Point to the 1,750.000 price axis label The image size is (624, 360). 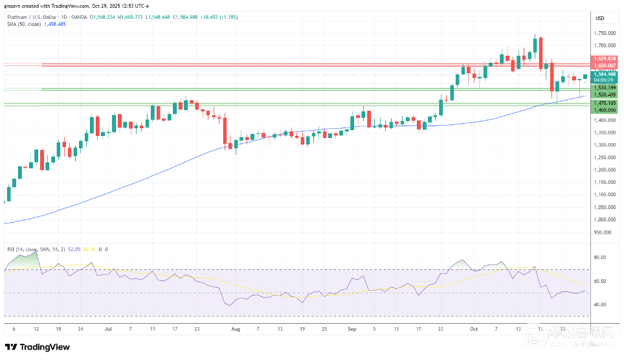pos(605,33)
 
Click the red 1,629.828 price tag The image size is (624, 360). pos(605,59)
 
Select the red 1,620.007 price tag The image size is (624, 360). pos(605,65)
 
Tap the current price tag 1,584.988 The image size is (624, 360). pos(605,74)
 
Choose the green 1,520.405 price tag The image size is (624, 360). pos(605,95)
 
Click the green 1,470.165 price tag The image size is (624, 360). pos(605,103)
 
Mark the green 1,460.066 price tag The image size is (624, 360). pos(605,110)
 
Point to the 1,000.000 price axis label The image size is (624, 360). pos(605,219)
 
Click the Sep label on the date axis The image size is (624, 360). pos(353,329)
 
